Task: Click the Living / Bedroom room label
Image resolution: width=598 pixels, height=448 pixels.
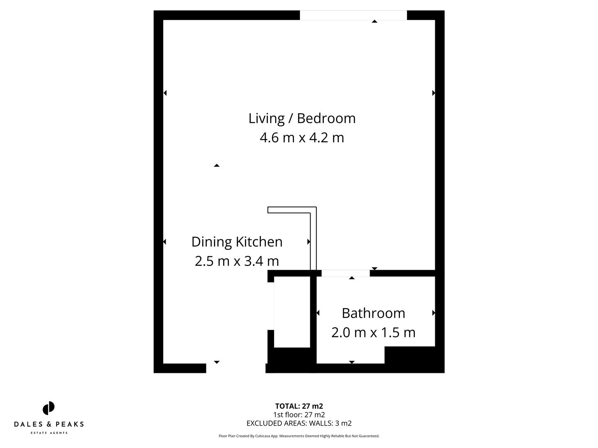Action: [x=302, y=119]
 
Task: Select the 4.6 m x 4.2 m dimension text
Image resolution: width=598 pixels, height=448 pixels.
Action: [x=302, y=138]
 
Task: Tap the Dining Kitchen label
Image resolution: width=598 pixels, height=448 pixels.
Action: [x=237, y=242]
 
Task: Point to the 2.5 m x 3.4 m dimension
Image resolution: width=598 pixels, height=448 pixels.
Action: [x=237, y=261]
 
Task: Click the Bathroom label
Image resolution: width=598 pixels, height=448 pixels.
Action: [x=373, y=313]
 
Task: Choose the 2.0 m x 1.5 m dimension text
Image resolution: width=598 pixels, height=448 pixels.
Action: [x=373, y=333]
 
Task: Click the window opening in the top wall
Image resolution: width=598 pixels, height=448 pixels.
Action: [x=353, y=15]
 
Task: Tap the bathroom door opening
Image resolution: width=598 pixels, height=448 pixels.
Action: [x=346, y=273]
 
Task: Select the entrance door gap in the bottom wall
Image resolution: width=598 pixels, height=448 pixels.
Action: [x=235, y=368]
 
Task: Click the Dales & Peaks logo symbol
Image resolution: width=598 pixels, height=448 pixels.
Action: [x=49, y=408]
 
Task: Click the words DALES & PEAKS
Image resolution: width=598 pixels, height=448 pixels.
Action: [x=49, y=424]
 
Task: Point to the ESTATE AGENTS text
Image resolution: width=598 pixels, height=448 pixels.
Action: [x=49, y=433]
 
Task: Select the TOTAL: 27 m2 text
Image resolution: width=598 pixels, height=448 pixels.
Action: [x=299, y=406]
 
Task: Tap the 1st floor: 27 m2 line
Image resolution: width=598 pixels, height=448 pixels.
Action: [x=299, y=415]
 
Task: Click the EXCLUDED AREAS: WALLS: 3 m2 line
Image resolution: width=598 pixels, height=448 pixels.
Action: [x=299, y=424]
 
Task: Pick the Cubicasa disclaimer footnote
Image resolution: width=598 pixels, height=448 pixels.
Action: [x=299, y=436]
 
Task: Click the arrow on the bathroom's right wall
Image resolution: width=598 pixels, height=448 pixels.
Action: [x=434, y=313]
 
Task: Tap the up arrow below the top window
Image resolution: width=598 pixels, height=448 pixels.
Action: [x=375, y=21]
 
